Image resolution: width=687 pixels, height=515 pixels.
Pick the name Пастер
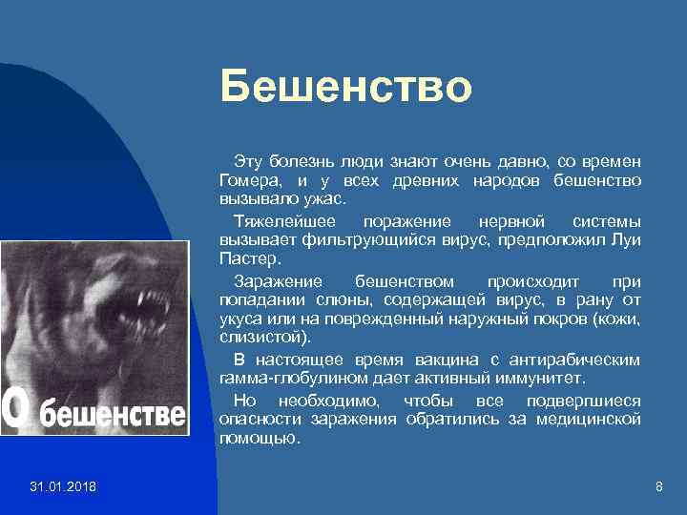(246, 257)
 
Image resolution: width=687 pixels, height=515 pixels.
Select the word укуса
(239, 319)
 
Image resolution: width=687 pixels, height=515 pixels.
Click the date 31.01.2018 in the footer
(63, 488)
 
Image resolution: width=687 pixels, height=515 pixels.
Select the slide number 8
(658, 488)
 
